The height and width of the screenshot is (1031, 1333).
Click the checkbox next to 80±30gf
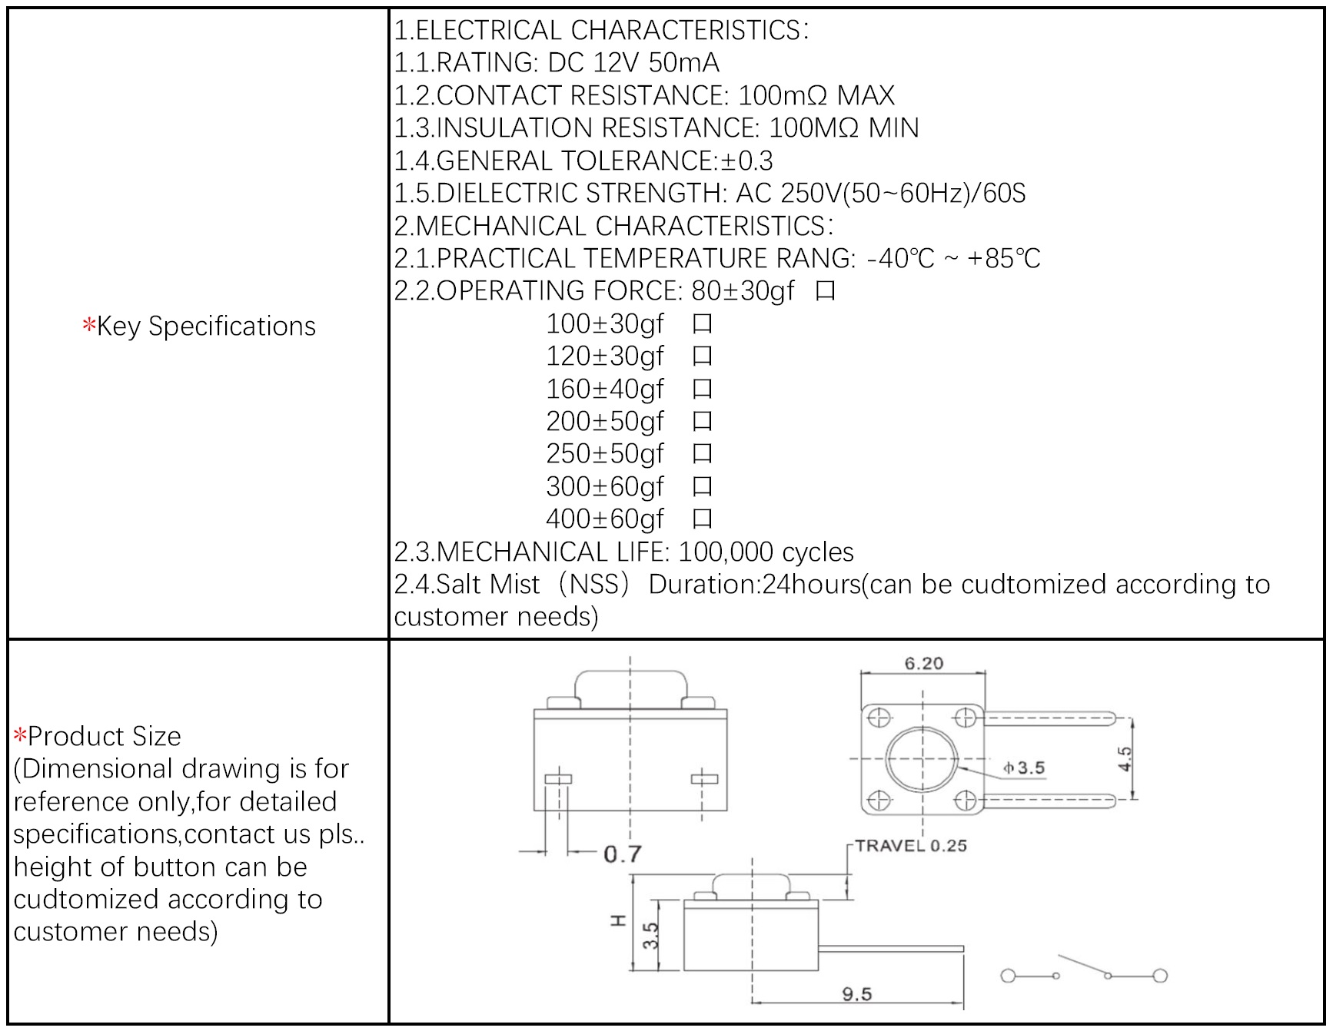click(x=825, y=291)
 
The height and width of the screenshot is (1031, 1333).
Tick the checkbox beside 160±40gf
click(x=702, y=390)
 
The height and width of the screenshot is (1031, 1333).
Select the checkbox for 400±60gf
click(x=702, y=519)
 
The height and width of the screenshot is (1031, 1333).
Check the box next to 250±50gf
click(x=702, y=454)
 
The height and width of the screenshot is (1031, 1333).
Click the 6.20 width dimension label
click(x=923, y=663)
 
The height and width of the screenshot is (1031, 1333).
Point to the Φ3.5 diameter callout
click(x=1024, y=767)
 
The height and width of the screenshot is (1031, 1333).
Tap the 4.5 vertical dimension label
click(x=1125, y=759)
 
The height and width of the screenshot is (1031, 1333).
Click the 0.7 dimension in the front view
click(x=622, y=854)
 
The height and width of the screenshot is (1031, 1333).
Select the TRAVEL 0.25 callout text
click(x=910, y=846)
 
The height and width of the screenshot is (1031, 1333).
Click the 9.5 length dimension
click(x=856, y=994)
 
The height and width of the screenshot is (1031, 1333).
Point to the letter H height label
click(x=618, y=920)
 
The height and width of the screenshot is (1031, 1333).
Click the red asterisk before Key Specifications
click(x=88, y=326)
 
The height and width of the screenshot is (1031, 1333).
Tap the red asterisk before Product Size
click(x=20, y=736)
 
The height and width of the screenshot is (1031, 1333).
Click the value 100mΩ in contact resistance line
click(x=783, y=95)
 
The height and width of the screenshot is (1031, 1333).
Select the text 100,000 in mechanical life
click(x=726, y=552)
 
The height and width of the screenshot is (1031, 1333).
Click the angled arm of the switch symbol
click(x=1082, y=965)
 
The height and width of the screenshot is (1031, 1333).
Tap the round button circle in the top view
click(x=922, y=759)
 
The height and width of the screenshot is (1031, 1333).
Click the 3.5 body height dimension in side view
click(x=650, y=936)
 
